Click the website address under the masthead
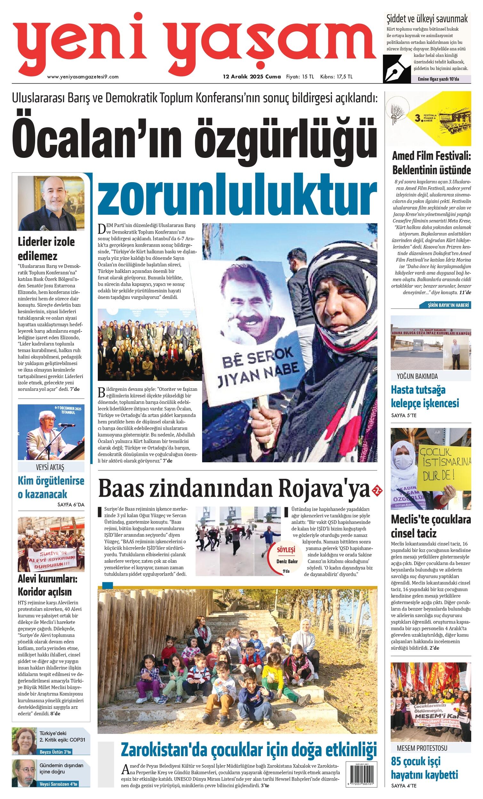83,77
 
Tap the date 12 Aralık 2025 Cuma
251,77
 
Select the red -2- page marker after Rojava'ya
378,490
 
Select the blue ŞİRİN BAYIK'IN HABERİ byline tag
450,305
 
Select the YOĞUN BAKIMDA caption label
417,376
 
